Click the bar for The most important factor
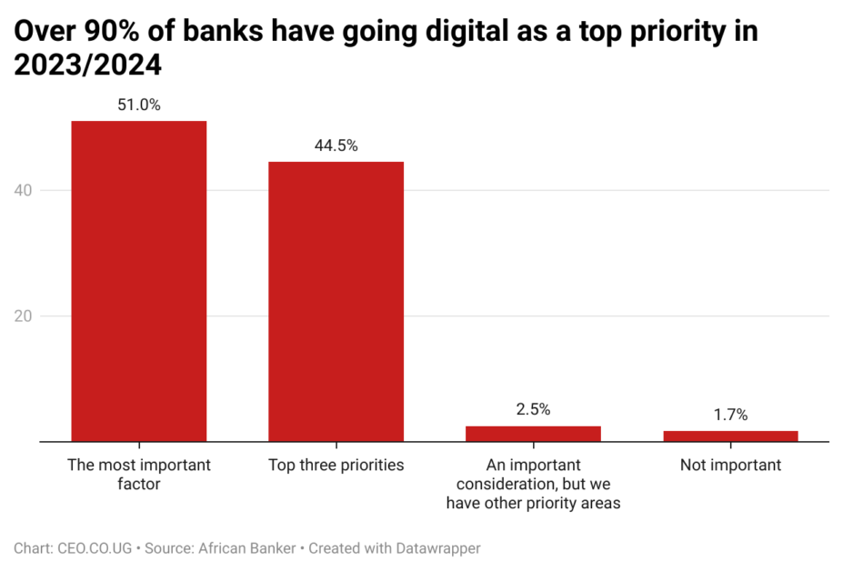(138, 281)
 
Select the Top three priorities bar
(336, 301)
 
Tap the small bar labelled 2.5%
(533, 434)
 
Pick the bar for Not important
(730, 436)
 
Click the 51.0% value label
(138, 105)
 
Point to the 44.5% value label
(336, 145)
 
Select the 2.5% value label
(533, 409)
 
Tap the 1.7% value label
(730, 415)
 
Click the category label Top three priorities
(336, 466)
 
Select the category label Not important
(730, 466)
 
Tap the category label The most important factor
(138, 475)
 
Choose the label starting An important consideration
(533, 484)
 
